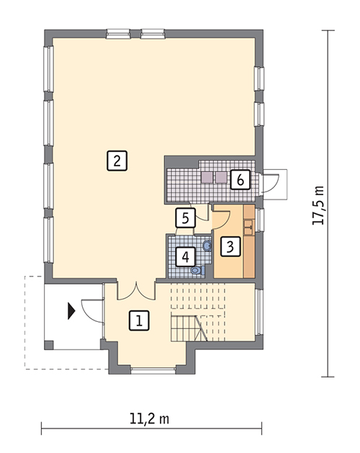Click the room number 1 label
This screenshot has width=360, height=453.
click(x=139, y=320)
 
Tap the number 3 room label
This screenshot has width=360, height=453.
click(x=229, y=246)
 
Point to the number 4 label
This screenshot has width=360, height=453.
click(x=185, y=256)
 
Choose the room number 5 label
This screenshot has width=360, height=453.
click(x=185, y=217)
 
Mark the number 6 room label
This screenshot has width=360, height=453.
click(x=240, y=179)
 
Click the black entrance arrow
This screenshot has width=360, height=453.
click(x=71, y=310)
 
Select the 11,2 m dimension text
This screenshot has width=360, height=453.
click(x=149, y=418)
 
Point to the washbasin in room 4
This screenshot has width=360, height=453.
click(x=207, y=246)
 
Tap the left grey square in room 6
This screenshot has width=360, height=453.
click(x=207, y=176)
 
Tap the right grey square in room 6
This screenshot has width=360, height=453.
click(x=220, y=176)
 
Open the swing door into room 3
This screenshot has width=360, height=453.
click(x=221, y=217)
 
